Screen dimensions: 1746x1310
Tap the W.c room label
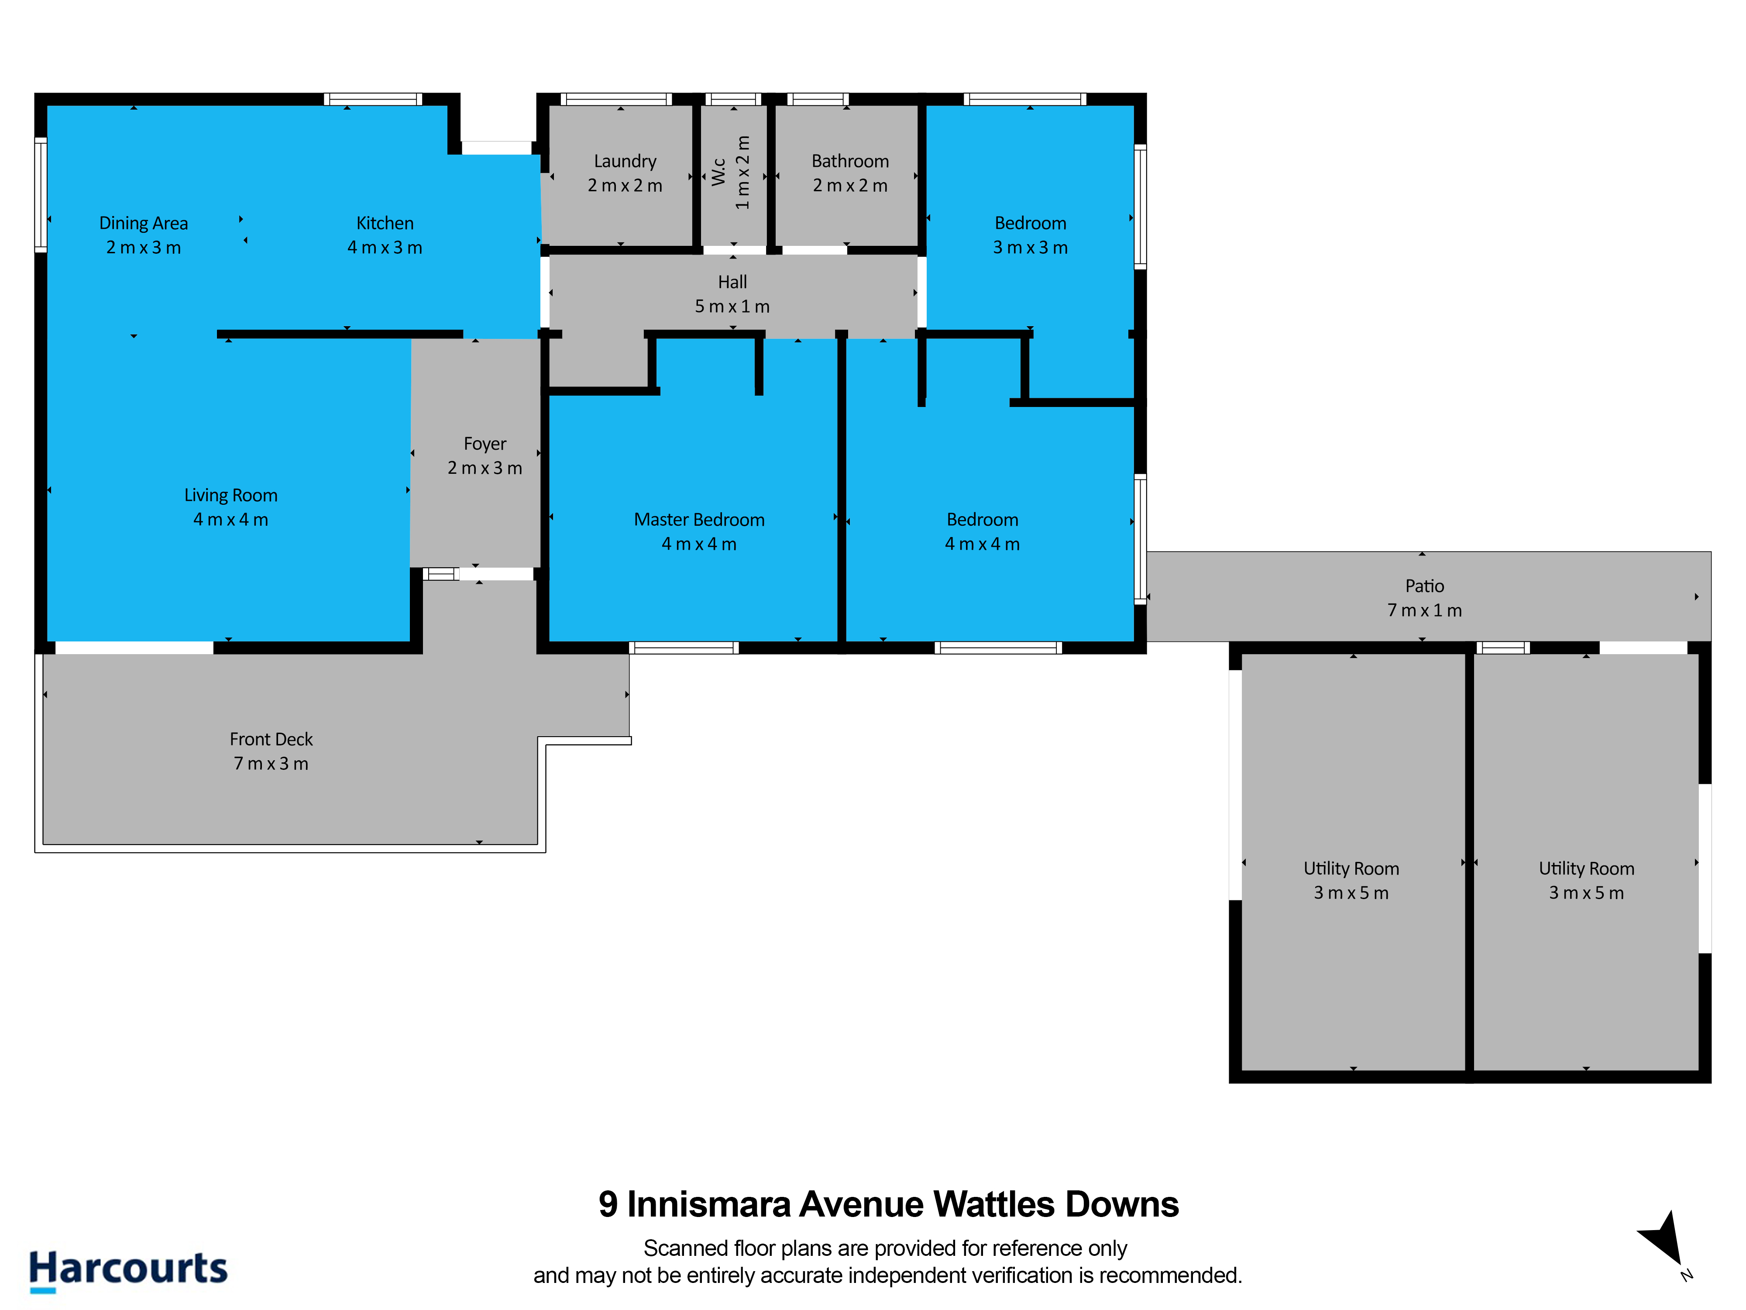point(718,172)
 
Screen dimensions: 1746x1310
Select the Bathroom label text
point(850,161)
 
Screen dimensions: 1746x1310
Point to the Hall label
point(732,282)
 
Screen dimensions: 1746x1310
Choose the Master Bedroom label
point(699,520)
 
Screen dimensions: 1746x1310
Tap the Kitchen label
point(385,224)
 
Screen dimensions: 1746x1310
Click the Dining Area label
point(144,224)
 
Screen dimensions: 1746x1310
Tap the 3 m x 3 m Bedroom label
point(1030,224)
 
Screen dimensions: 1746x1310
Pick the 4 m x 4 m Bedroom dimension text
point(982,544)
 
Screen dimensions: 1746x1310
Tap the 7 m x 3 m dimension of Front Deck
point(271,764)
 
